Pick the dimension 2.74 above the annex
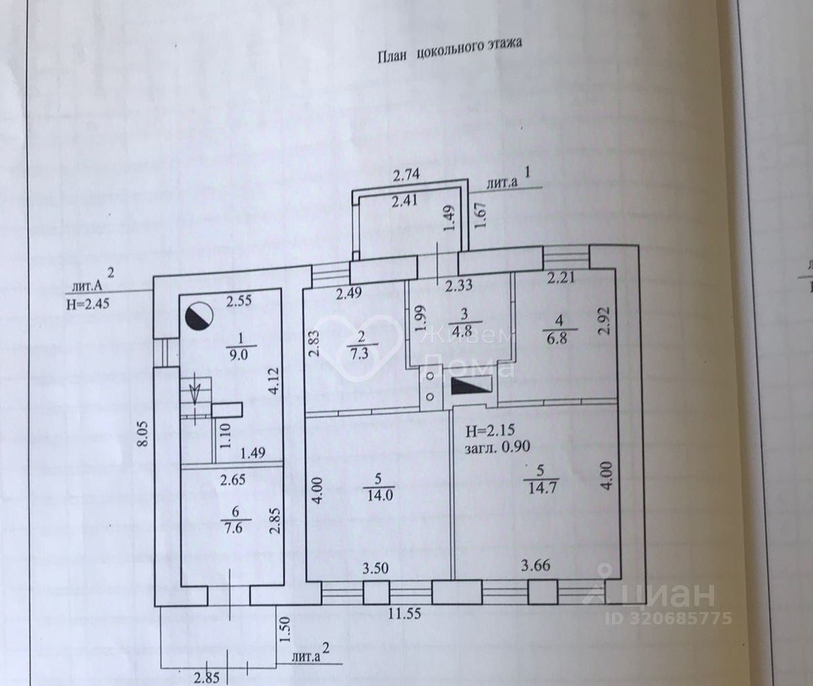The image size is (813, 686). [407, 174]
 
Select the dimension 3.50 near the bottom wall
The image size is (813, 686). [375, 568]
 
